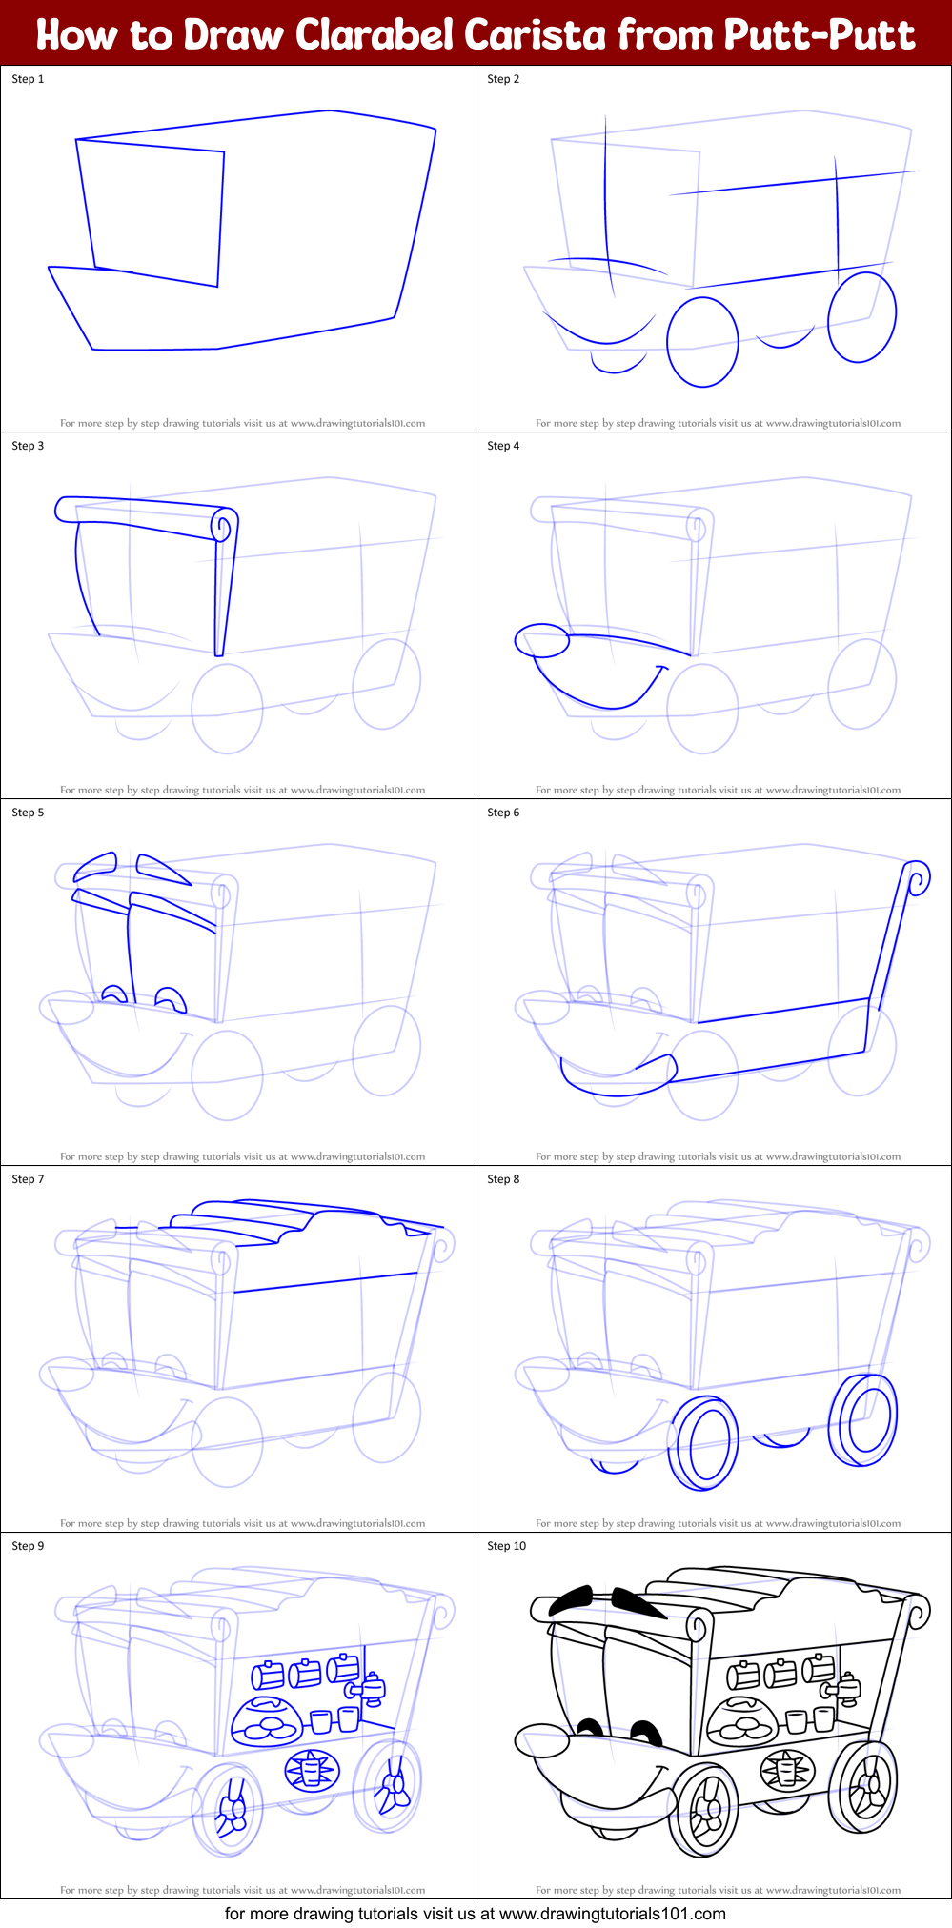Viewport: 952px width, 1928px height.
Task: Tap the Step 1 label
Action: point(28,79)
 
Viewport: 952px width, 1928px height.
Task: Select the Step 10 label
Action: point(506,1546)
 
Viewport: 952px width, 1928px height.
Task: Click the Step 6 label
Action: point(503,813)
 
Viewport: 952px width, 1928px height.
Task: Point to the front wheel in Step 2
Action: point(702,342)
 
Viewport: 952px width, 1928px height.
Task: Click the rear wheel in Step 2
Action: point(861,317)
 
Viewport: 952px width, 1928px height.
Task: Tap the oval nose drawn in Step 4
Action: point(541,641)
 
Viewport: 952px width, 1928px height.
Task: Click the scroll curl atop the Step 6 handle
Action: point(918,877)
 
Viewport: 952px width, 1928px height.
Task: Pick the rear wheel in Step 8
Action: point(864,1418)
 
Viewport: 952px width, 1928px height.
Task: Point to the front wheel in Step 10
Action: point(704,1810)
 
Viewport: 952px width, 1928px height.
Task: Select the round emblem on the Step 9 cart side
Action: point(311,1771)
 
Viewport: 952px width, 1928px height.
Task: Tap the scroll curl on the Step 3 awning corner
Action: point(225,525)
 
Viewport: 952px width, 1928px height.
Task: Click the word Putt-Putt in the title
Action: point(819,34)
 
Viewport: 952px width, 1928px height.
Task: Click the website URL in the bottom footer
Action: point(612,1913)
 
